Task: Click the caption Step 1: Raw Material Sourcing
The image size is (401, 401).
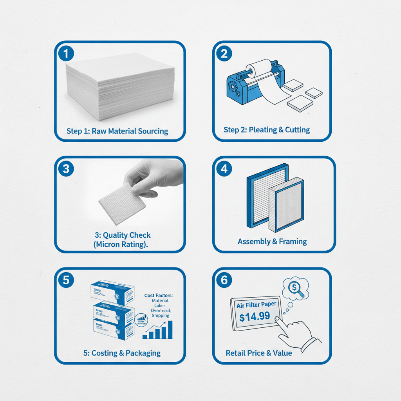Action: (117, 131)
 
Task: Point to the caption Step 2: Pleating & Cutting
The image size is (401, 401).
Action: (267, 130)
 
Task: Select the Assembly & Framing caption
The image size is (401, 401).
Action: (272, 242)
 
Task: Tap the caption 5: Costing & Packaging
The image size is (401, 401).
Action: (122, 353)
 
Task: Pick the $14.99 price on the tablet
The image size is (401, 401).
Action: (255, 316)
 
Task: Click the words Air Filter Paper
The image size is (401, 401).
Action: (256, 305)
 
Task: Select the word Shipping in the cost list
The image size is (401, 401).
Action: (161, 316)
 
